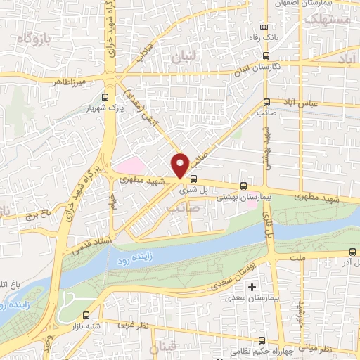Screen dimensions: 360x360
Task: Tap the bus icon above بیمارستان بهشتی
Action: [243, 186]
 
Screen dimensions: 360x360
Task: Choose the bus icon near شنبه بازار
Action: [86, 316]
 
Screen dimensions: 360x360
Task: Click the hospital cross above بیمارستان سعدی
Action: [251, 287]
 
